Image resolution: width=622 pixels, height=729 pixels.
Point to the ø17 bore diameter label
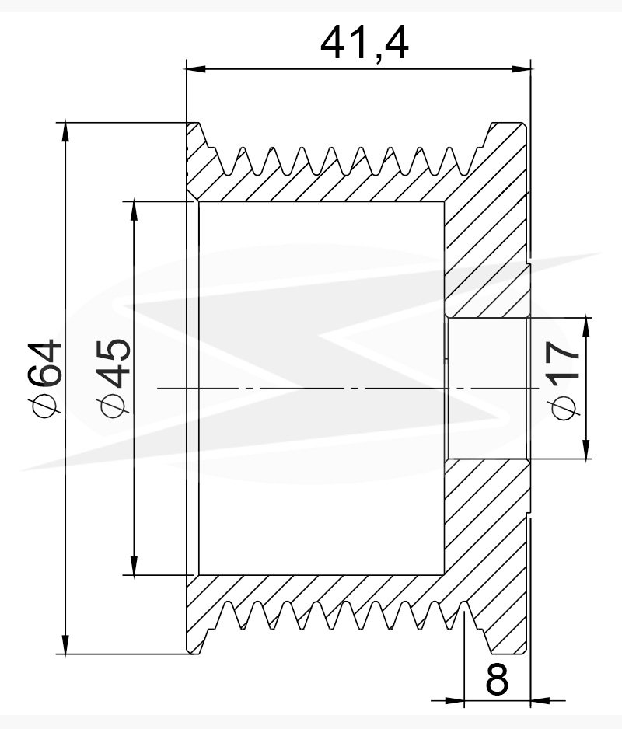(564, 380)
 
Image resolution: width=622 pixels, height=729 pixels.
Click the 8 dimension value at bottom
(497, 679)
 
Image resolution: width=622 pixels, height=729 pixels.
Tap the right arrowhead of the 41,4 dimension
(521, 69)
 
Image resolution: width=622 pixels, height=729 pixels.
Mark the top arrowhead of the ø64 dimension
(65, 132)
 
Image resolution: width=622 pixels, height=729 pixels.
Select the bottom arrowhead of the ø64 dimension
(65, 644)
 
